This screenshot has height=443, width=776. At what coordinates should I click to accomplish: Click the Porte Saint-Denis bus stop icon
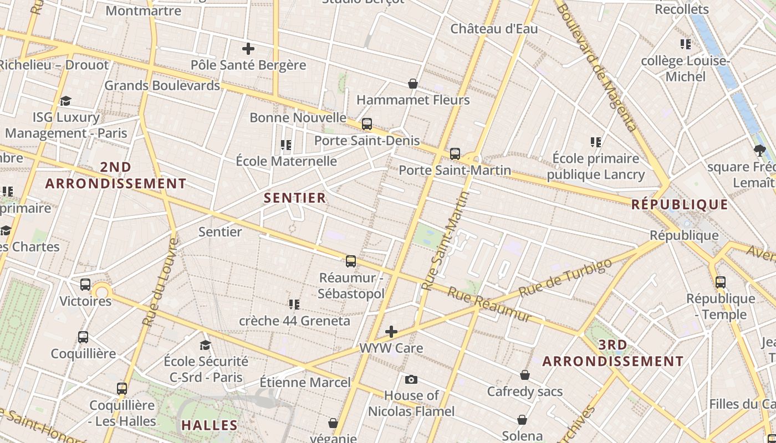pyautogui.click(x=366, y=124)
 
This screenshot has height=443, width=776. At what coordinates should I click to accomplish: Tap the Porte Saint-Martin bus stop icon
pyautogui.click(x=455, y=153)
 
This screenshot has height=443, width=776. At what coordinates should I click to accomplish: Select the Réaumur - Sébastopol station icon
pyautogui.click(x=351, y=261)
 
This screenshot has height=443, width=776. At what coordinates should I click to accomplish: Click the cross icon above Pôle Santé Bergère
pyautogui.click(x=248, y=49)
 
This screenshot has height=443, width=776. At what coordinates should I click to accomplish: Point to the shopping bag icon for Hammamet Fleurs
pyautogui.click(x=413, y=84)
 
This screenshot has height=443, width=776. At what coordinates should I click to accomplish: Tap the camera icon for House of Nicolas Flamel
pyautogui.click(x=411, y=379)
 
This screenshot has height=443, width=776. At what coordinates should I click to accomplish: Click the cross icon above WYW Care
pyautogui.click(x=391, y=332)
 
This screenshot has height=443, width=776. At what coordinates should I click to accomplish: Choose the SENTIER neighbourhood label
pyautogui.click(x=295, y=198)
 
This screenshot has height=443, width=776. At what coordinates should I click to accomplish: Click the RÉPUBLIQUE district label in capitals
pyautogui.click(x=680, y=204)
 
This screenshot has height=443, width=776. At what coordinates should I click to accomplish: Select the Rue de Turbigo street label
pyautogui.click(x=566, y=278)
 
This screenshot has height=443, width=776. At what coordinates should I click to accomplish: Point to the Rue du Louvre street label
pyautogui.click(x=160, y=282)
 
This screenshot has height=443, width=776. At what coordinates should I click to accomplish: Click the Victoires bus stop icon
pyautogui.click(x=85, y=285)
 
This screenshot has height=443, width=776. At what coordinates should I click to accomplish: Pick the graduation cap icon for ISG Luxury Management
pyautogui.click(x=66, y=101)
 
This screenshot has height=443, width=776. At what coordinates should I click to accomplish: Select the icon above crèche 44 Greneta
pyautogui.click(x=294, y=304)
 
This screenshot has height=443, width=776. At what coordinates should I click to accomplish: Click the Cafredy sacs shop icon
pyautogui.click(x=525, y=375)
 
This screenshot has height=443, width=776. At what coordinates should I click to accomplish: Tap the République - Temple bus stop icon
pyautogui.click(x=721, y=282)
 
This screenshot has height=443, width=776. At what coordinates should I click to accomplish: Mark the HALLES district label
pyautogui.click(x=210, y=425)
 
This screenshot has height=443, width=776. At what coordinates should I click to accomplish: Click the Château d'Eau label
pyautogui.click(x=494, y=29)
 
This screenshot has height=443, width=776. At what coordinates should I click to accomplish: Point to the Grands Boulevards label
pyautogui.click(x=162, y=85)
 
